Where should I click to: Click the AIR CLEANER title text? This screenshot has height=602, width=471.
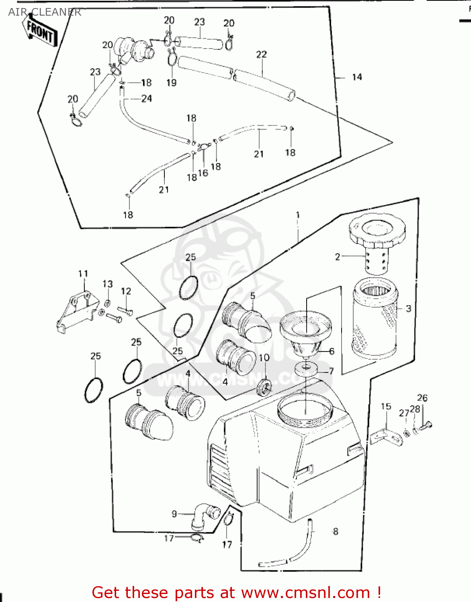45,12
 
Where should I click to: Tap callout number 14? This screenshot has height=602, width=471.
357,77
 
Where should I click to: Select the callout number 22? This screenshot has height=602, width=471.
261,54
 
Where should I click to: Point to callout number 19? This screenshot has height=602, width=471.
172,83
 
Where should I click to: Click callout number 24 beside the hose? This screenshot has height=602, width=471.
146,98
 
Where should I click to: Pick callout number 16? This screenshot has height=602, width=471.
203,173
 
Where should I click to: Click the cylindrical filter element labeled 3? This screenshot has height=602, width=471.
375,319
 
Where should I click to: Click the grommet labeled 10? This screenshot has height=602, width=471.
264,386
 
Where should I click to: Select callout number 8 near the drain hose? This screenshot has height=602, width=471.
336,532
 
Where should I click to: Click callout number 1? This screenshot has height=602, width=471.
298,215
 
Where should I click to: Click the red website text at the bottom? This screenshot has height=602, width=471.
236,592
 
